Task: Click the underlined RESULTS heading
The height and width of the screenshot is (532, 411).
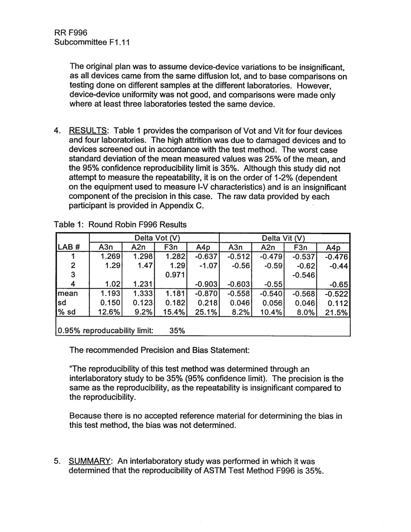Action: pos(89,131)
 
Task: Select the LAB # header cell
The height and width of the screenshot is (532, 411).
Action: pos(68,247)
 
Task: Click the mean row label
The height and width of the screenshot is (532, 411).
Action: pos(67,293)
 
